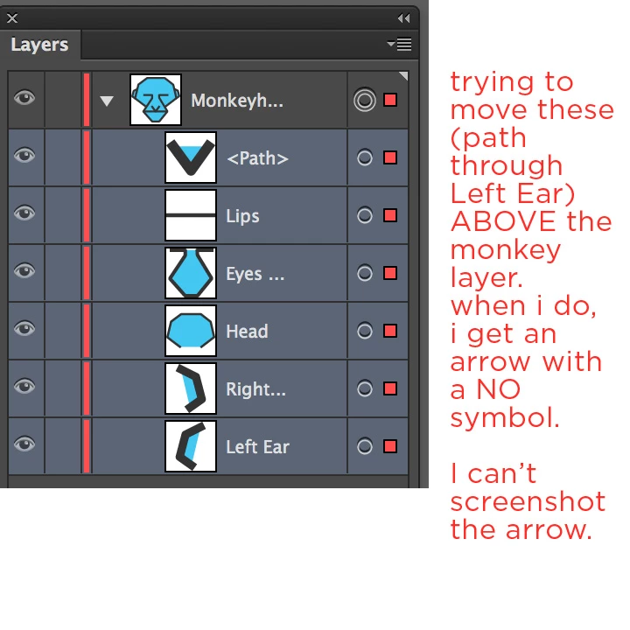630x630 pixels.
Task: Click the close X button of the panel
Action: coord(12,18)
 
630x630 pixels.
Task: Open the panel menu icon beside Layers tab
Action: coord(399,44)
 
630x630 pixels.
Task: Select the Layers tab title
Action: coord(39,45)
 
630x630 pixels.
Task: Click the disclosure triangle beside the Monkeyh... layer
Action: coord(107,101)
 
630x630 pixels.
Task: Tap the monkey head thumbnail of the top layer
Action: coord(156,100)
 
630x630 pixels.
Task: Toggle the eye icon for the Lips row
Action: coord(24,213)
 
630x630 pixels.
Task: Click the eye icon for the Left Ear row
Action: coord(24,444)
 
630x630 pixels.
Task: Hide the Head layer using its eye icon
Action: coord(24,329)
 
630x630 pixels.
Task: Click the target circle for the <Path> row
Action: coord(365,157)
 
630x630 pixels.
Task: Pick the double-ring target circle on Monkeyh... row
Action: coord(365,100)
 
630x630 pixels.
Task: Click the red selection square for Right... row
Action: coord(390,388)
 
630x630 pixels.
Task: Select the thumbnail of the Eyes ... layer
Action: coord(191,273)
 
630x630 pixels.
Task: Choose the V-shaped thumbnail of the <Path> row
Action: coord(191,157)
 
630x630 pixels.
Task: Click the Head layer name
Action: coord(247,332)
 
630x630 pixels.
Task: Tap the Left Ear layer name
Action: coord(257,447)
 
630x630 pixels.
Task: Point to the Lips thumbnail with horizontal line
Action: coord(191,215)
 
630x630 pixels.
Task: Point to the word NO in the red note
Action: coord(498,389)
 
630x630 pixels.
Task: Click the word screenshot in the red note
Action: coord(528,501)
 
